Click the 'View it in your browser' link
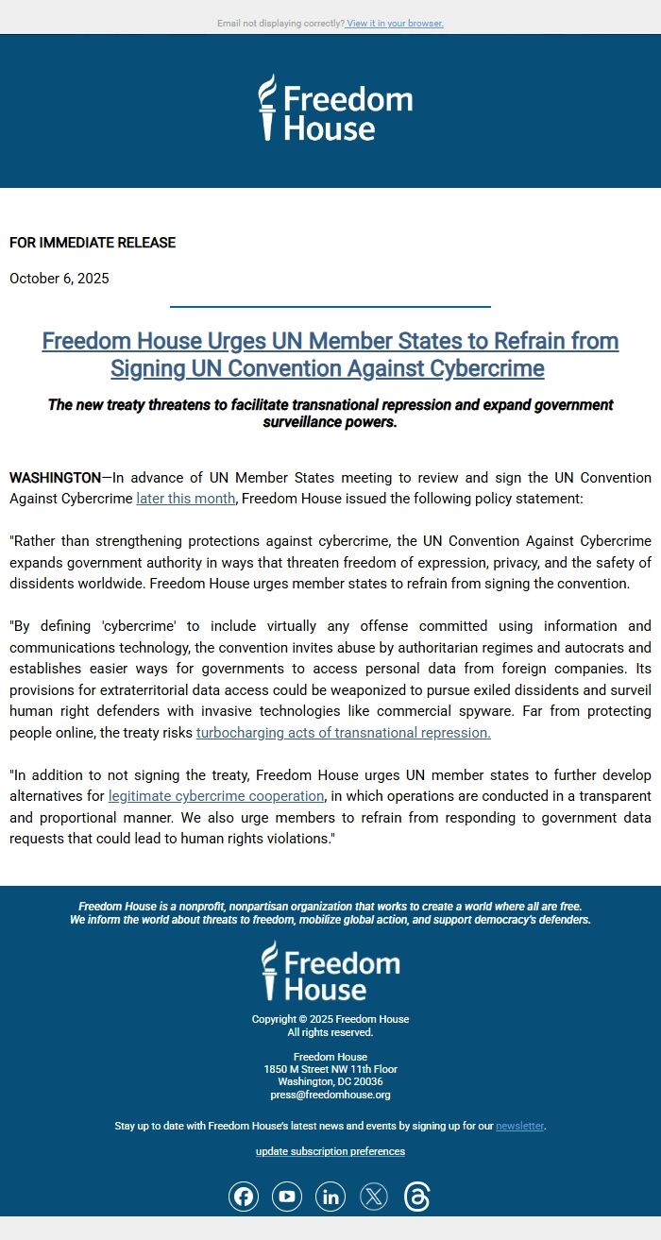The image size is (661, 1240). coord(395,23)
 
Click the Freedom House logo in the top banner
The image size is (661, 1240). coord(335,109)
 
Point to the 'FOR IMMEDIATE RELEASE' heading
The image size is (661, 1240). coord(93,243)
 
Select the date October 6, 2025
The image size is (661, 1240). coord(59,279)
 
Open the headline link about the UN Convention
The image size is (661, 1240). coord(330,354)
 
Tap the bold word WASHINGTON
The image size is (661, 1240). coord(55,478)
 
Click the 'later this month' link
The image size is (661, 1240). coord(185,499)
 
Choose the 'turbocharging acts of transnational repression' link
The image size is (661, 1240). coord(343,733)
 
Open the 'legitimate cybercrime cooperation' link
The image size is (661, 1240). coord(216,796)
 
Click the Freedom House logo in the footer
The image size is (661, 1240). coord(330,971)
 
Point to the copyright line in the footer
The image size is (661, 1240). coord(330,1019)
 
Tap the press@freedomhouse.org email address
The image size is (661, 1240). coord(330,1095)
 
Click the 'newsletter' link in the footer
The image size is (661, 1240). coord(519,1126)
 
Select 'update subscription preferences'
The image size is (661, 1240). coord(330,1151)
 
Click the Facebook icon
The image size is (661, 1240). coord(244,1198)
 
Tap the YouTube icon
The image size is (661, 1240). coord(287,1198)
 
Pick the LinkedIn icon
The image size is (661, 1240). coord(330,1198)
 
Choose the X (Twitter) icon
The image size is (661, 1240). coord(374,1198)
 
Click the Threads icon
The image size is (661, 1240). coord(417,1198)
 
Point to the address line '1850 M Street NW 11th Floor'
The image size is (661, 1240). coord(330,1069)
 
